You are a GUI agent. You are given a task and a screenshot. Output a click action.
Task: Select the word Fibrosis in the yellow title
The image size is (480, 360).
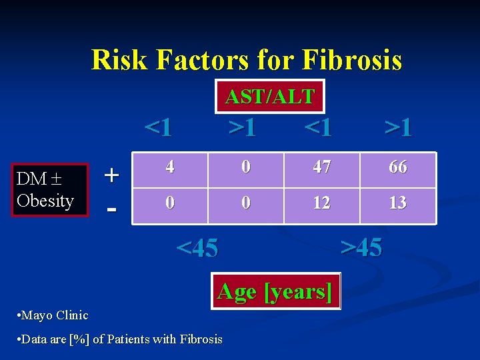click(351, 59)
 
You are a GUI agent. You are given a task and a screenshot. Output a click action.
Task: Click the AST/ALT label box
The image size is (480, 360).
click(270, 96)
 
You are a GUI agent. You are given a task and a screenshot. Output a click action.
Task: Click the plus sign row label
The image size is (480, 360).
click(113, 175)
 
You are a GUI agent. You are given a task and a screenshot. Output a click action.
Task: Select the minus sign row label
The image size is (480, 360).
click(113, 208)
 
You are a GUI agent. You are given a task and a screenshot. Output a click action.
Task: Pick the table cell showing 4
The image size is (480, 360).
click(171, 167)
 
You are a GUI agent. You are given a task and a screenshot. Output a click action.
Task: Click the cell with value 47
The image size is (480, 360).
click(321, 167)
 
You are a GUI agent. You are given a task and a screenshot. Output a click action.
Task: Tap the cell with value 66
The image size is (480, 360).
click(397, 167)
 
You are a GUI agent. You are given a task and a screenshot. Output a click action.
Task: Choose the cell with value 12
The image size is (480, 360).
click(321, 203)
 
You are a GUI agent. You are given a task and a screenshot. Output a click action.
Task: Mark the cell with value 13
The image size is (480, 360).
click(397, 203)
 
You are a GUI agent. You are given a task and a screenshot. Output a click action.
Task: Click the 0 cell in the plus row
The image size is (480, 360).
click(246, 167)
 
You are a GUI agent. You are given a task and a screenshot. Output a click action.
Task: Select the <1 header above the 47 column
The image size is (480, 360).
click(318, 126)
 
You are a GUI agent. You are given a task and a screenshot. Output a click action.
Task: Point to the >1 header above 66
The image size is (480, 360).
click(398, 126)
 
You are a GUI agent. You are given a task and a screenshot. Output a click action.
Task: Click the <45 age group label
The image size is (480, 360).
click(197, 248)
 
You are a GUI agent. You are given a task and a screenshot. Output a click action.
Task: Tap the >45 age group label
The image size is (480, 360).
click(361, 247)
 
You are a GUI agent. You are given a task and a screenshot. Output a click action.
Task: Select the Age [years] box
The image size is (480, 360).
click(275, 291)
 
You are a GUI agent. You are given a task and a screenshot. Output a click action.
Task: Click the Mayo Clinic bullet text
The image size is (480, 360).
click(53, 315)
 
